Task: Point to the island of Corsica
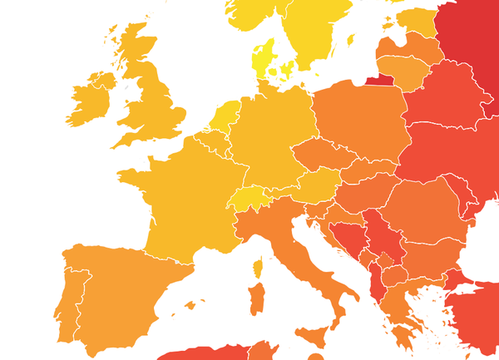pyautogui.click(x=258, y=267)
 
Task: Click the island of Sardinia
pyautogui.click(x=256, y=298)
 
